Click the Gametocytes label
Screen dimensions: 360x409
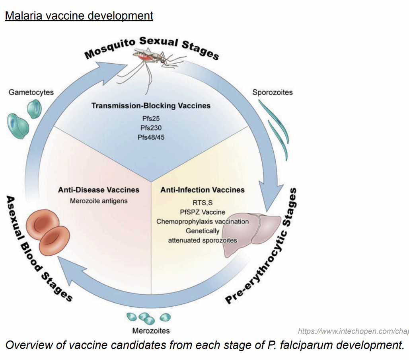[31, 92]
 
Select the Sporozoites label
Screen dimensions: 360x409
[273, 92]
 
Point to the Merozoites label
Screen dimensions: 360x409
[151, 331]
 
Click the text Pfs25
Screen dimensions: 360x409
[151, 119]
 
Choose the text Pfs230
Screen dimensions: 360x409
[151, 128]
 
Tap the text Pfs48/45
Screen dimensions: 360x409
[151, 137]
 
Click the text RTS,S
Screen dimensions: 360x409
[202, 203]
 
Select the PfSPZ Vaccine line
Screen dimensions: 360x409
[202, 212]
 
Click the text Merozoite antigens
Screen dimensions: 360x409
[99, 201]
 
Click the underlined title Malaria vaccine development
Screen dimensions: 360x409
[79, 16]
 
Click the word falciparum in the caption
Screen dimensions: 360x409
[303, 345]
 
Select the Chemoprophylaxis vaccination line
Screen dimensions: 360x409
[203, 221]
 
